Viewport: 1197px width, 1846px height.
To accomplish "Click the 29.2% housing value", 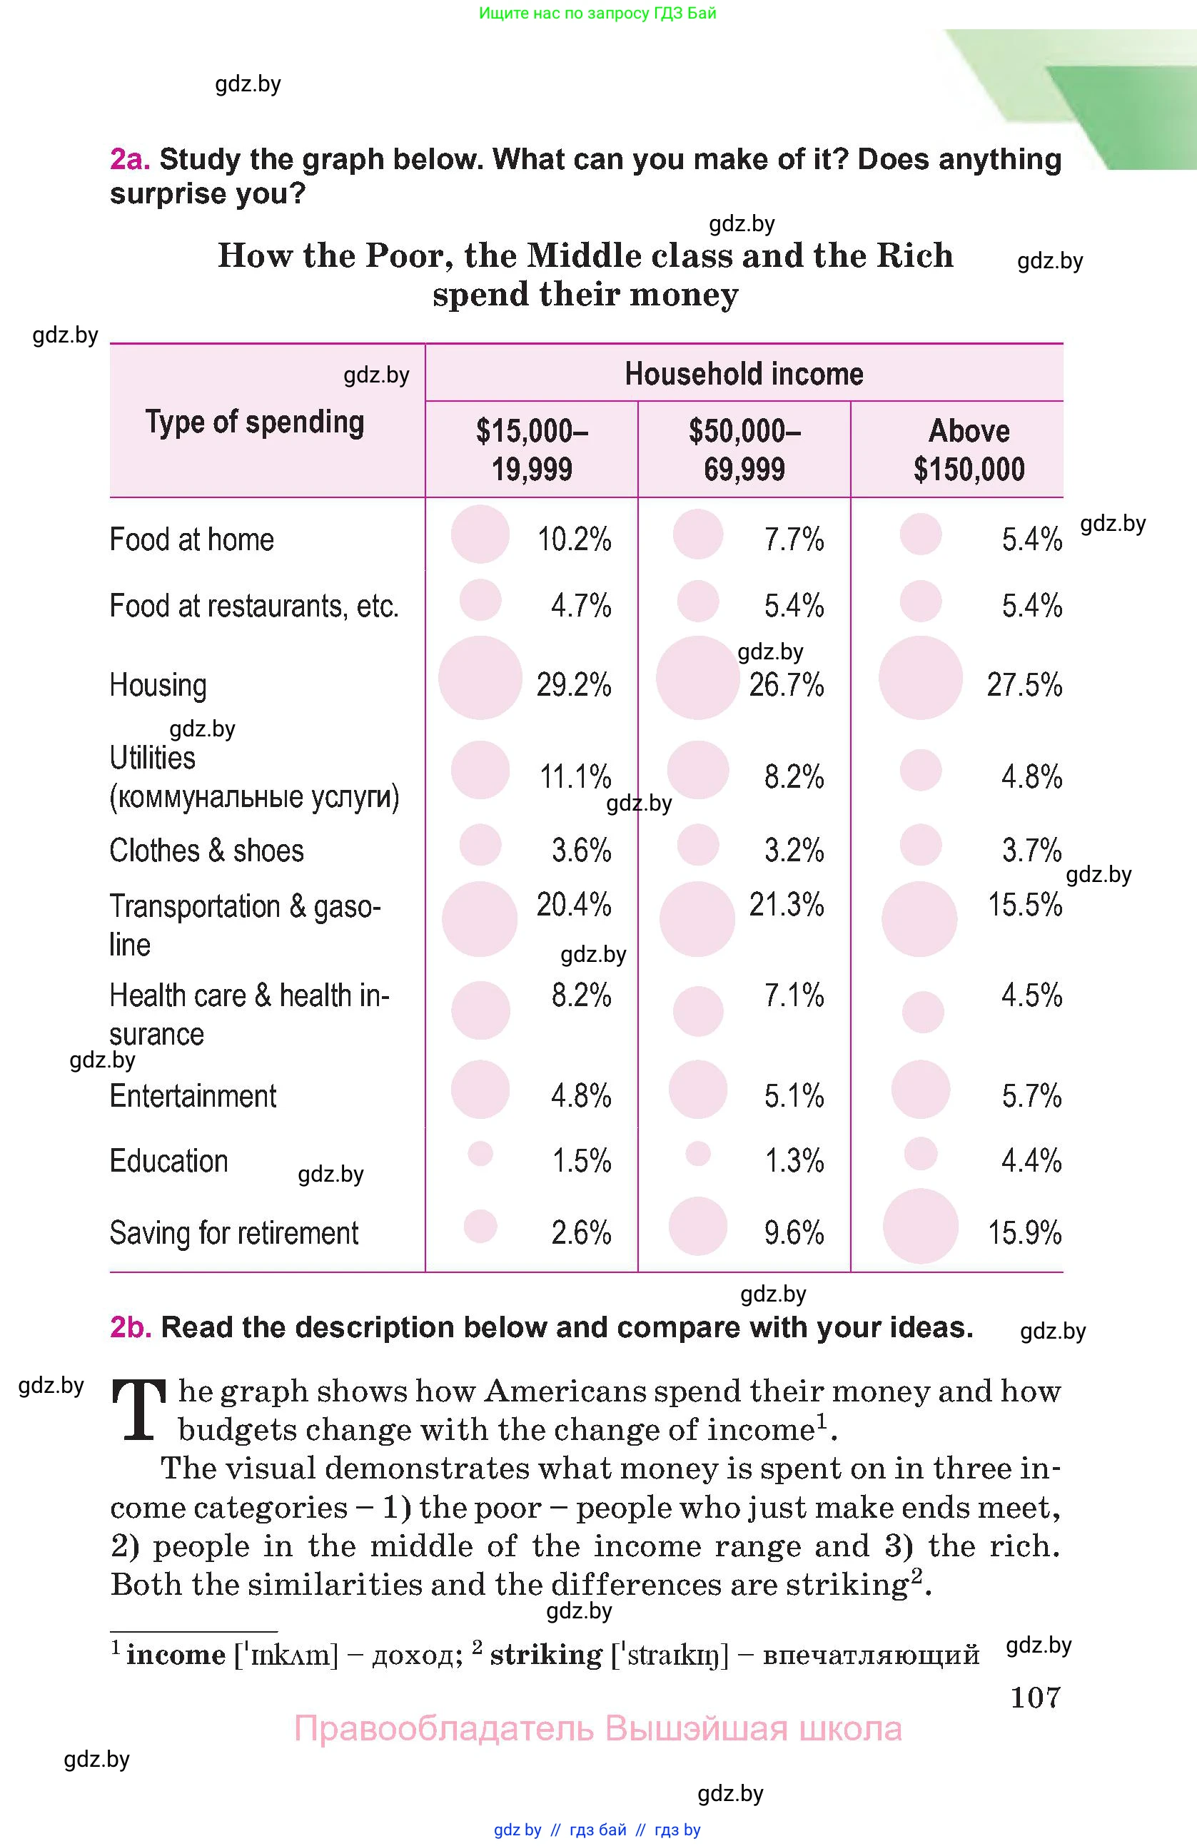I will [x=573, y=685].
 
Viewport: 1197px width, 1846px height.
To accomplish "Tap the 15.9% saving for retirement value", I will [x=1024, y=1232].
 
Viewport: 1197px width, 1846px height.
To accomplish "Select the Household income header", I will [x=743, y=374].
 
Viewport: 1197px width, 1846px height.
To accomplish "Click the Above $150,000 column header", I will [x=968, y=450].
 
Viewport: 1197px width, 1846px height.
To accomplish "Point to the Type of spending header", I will [x=254, y=422].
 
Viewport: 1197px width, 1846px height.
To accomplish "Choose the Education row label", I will [x=168, y=1161].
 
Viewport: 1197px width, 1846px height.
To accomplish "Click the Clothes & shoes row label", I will [x=206, y=850].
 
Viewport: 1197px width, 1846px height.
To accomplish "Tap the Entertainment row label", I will [x=193, y=1096].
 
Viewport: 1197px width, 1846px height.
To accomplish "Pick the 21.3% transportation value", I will [x=786, y=904].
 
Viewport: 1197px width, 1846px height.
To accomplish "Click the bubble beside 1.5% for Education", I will [x=480, y=1153].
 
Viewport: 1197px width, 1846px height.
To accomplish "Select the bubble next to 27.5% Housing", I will [x=920, y=678].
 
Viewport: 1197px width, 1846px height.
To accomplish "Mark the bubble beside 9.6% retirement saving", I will [x=697, y=1227].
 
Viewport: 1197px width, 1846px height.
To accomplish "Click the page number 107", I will [x=1035, y=1697].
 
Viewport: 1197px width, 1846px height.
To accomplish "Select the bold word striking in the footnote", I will [x=545, y=1655].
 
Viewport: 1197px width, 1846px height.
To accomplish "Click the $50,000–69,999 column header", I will [x=744, y=450].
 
